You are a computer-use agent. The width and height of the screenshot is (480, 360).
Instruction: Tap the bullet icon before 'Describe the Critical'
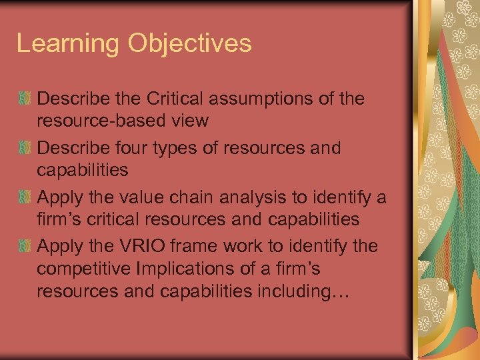[x=25, y=99]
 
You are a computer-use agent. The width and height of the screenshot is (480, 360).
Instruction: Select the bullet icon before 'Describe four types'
[x=25, y=148]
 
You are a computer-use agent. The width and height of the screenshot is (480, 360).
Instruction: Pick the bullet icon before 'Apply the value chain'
[x=25, y=197]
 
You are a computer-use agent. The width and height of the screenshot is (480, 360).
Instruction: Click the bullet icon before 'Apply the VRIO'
[x=25, y=247]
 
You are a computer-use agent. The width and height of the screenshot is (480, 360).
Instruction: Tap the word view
[x=190, y=121]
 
